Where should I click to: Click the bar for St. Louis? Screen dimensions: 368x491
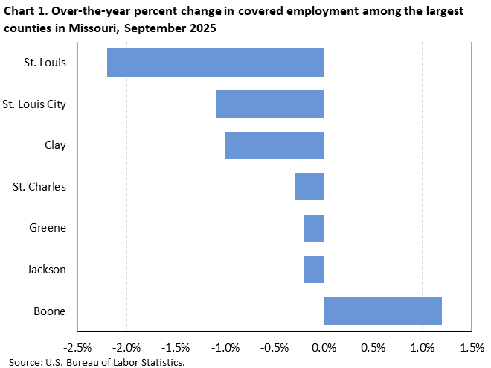pos(216,63)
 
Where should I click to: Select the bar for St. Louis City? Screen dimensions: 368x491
pos(269,104)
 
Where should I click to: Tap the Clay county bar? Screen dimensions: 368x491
pos(275,145)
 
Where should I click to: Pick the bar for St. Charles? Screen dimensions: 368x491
pos(309,186)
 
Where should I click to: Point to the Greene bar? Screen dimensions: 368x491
pos(314,228)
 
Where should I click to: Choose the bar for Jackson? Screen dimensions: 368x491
pos(314,269)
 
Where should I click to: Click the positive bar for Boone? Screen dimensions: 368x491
pos(383,311)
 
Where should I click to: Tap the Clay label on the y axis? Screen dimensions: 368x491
pos(54,145)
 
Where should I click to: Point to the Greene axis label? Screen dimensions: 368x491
pos(48,228)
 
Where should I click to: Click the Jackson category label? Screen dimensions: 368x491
pos(47,269)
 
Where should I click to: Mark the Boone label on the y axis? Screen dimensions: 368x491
pos(50,311)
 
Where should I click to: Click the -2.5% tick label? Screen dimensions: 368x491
pos(78,348)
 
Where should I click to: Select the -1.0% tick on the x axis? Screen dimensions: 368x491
pos(225,348)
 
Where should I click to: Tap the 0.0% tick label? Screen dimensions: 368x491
pos(324,348)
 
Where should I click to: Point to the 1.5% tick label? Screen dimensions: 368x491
pos(472,348)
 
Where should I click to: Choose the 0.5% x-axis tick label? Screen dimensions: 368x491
pos(373,348)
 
